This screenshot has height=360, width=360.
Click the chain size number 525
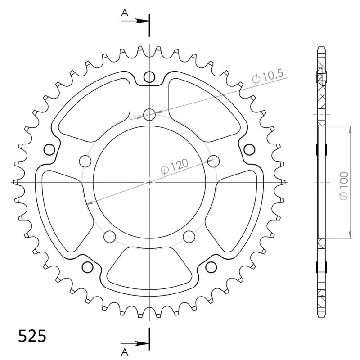[x=32, y=336]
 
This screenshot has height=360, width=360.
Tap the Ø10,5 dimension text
[x=268, y=76]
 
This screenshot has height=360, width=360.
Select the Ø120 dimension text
[x=175, y=166]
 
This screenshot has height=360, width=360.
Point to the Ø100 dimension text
[x=344, y=186]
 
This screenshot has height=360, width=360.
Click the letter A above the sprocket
[x=125, y=13]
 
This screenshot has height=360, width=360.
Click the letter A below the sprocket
[x=125, y=351]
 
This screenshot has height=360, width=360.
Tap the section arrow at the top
[x=135, y=21]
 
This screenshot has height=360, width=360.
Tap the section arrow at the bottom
[x=135, y=344]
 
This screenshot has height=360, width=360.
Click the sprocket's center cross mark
[x=149, y=182]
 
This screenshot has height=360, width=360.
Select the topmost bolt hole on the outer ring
[x=149, y=77]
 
